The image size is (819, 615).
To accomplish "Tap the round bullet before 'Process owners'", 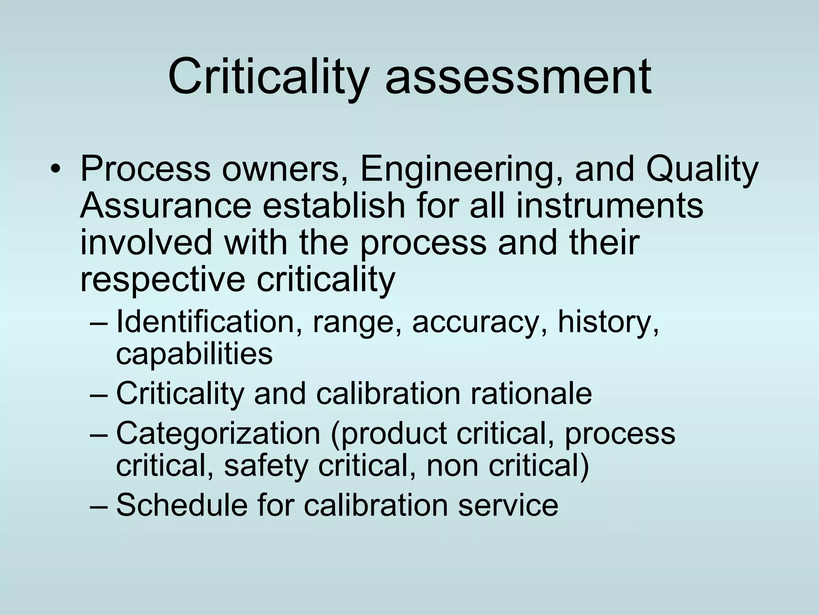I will [55, 170].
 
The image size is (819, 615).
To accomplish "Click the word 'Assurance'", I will [166, 206].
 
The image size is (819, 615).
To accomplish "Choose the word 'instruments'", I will [609, 206].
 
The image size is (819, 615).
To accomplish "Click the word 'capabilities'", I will [194, 354].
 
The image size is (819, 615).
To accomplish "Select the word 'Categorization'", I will [218, 433].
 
